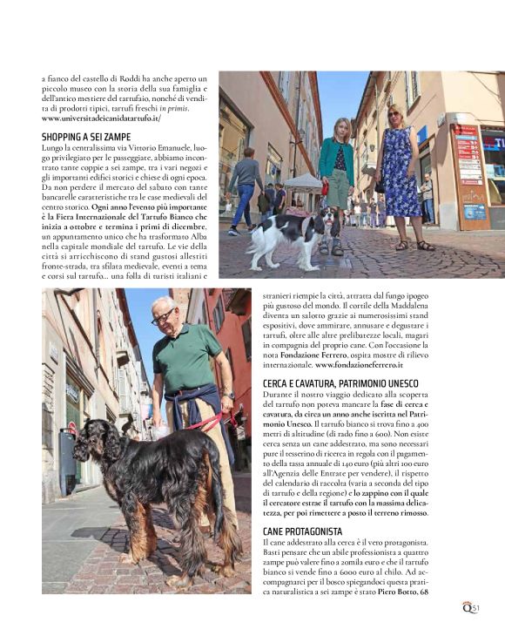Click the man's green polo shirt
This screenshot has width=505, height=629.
pyautogui.click(x=187, y=357)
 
